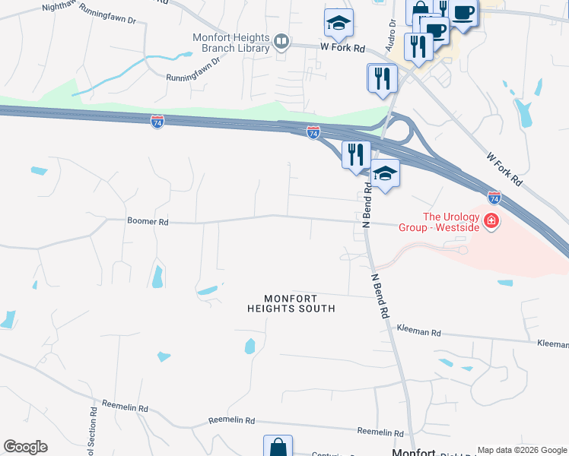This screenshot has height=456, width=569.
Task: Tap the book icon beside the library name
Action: tap(281, 41)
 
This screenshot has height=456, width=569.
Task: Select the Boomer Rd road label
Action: tap(148, 222)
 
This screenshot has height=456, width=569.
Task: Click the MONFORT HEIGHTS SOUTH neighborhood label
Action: tap(291, 303)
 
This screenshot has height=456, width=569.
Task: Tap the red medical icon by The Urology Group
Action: tap(491, 221)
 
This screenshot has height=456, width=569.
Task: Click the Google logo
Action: tap(25, 447)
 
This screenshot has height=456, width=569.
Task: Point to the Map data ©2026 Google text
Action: tap(522, 450)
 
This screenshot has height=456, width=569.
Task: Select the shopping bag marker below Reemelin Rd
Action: tap(278, 447)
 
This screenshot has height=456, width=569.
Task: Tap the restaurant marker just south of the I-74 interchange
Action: tap(356, 154)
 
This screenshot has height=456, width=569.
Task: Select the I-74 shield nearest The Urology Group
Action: tap(494, 198)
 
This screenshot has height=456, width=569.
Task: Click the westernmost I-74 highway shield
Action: tap(157, 122)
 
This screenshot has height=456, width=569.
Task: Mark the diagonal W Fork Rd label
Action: tap(505, 168)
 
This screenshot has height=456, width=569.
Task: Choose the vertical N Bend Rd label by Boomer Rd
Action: tap(367, 211)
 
